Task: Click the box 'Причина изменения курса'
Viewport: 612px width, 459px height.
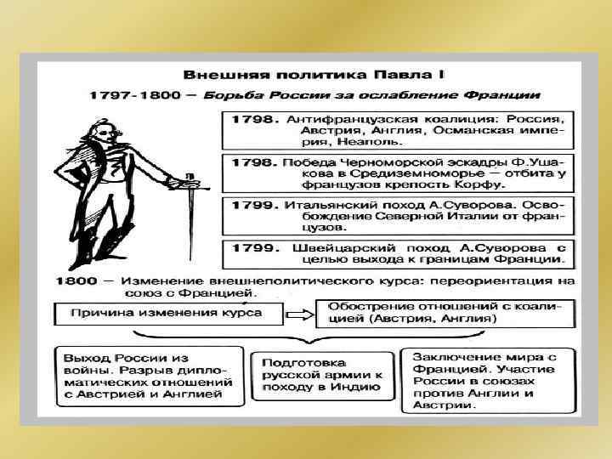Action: [x=160, y=315]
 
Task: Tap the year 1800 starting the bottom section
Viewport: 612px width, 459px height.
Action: [x=75, y=280]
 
